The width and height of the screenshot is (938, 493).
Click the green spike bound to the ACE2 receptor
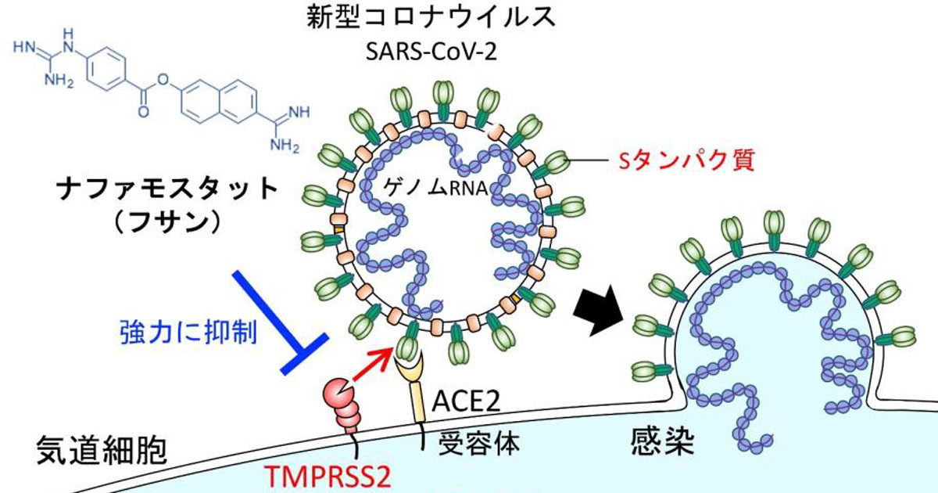[409, 345]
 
